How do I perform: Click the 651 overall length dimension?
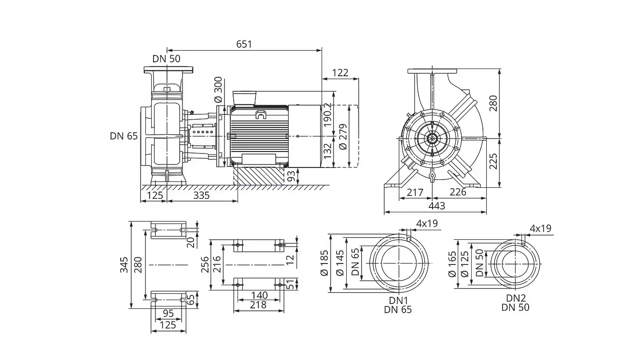coord(244,44)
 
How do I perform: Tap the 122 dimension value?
coord(340,73)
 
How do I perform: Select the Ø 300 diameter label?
coord(218,90)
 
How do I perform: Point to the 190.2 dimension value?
coord(327,115)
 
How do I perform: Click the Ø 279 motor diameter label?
coord(343,137)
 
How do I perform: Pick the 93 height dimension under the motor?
coord(291,176)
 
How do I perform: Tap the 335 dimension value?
coord(201,195)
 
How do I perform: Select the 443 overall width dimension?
coord(437,206)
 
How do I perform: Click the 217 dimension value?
coord(415,193)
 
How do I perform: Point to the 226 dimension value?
coord(458,192)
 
